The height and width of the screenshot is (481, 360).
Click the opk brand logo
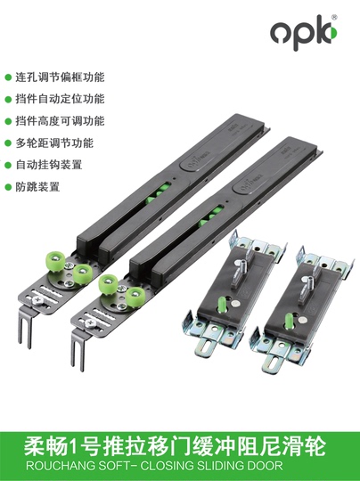tap(304, 32)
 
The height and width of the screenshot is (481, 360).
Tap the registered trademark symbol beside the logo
tap(334, 18)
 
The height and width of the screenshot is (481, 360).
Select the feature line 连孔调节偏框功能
tap(61, 77)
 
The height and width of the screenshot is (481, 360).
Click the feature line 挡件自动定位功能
tap(61, 99)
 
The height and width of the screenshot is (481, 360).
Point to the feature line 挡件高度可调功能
tap(61, 121)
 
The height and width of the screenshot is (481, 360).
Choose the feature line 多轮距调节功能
tap(54, 143)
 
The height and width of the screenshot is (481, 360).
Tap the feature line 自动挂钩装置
tap(49, 165)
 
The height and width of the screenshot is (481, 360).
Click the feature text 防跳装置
tap(37, 187)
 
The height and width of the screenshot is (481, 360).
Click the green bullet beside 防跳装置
tap(8, 187)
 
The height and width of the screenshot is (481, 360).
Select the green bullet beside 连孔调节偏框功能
tap(8, 77)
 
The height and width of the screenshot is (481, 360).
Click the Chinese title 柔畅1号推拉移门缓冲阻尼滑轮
tap(175, 446)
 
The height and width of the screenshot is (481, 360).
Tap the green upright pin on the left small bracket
tap(222, 304)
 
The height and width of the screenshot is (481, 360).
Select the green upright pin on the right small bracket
tap(289, 321)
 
